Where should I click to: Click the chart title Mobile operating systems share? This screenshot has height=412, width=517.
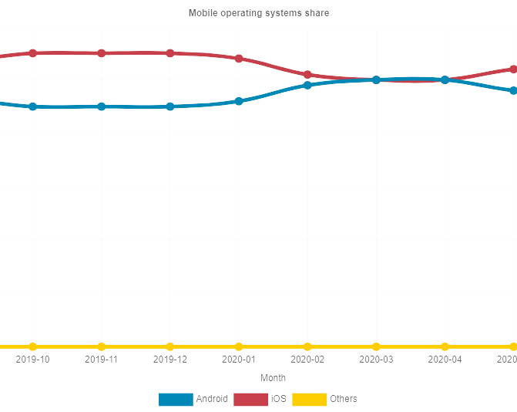point(258,13)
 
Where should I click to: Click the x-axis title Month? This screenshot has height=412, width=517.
point(273,378)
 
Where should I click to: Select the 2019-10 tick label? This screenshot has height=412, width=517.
point(32,360)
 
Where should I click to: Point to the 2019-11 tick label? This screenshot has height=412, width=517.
point(101,360)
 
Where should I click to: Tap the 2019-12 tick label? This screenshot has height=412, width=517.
point(170,360)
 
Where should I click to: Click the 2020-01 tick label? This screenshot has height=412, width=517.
point(239,360)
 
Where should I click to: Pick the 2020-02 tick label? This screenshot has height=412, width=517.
point(307,360)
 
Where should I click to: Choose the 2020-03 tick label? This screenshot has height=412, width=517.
point(376,360)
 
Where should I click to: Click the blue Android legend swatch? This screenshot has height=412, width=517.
point(175,399)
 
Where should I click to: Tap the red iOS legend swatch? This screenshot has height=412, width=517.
point(250,399)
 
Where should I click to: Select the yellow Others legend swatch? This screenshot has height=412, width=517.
point(309,399)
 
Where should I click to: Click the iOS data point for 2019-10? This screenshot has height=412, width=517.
point(32,53)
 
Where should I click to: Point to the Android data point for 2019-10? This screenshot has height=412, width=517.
point(32,106)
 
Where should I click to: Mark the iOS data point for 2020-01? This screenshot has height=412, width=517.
point(239,59)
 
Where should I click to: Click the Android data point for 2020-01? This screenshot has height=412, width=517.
point(239,101)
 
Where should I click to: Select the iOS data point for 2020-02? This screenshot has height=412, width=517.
point(307,75)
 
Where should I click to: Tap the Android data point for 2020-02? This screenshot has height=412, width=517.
point(307,85)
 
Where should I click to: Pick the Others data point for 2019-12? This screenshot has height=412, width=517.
point(170,346)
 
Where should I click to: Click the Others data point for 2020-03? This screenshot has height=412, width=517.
point(376,346)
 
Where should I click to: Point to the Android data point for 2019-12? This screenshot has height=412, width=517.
point(170,106)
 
